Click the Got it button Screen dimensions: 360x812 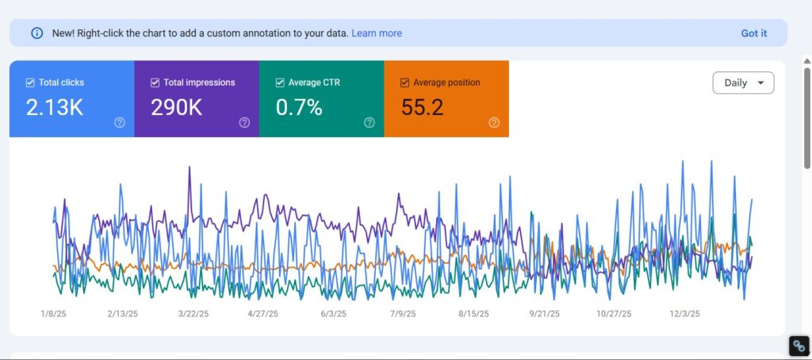click(753, 33)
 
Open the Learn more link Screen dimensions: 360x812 click(377, 33)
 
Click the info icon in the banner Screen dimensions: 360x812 click(36, 33)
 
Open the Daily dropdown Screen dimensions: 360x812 click(743, 82)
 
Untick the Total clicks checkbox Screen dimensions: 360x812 click(30, 82)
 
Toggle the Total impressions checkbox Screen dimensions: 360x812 click(155, 82)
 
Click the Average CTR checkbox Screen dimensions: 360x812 click(280, 82)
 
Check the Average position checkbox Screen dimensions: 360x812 click(405, 82)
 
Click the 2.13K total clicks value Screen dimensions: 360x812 click(55, 108)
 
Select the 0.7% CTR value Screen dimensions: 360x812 click(299, 108)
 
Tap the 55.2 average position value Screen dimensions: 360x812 click(422, 108)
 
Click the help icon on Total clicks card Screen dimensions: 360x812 click(120, 122)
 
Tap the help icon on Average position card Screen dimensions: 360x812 click(494, 122)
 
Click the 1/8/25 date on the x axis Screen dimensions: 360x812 click(54, 314)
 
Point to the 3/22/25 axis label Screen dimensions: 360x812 click(193, 314)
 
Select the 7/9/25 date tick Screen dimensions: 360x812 click(403, 314)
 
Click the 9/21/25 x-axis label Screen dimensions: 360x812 click(544, 314)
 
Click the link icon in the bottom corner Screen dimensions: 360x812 click(799, 346)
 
